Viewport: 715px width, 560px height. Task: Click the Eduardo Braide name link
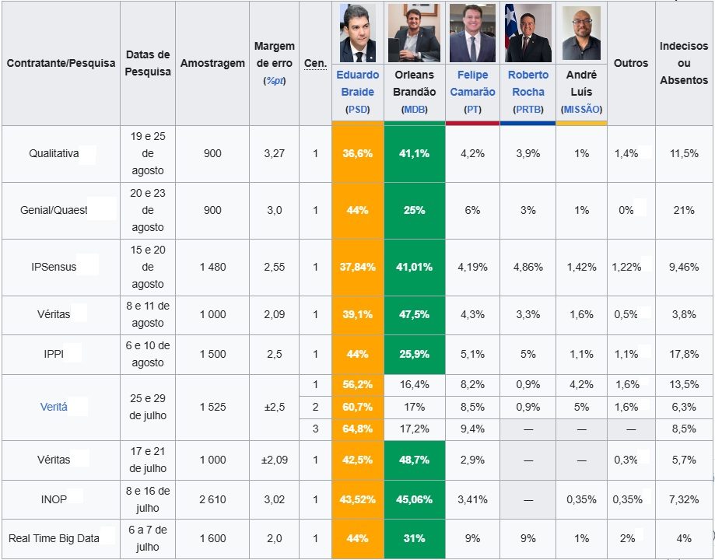coord(358,83)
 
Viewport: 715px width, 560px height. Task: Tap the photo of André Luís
coord(581,33)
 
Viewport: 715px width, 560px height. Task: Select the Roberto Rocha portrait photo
coord(528,33)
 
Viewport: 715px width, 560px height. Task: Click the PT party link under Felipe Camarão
coord(472,110)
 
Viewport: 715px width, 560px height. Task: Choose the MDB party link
coord(415,110)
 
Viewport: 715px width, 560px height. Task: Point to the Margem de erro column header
coord(274,63)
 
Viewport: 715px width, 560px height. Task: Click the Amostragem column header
coord(212,63)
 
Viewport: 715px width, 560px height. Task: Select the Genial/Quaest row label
coord(54,210)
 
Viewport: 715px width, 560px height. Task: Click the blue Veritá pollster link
coord(54,407)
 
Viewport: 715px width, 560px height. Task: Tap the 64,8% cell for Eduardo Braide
coord(358,429)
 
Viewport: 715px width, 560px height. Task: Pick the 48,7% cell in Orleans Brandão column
coord(415,460)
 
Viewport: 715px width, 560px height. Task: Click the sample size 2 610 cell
coord(212,500)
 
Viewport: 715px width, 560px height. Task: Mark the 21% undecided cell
coord(684,210)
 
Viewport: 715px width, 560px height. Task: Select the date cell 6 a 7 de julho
coord(148,538)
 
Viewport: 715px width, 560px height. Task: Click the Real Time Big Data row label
coord(54,538)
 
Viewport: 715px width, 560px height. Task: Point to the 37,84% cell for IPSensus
coord(358,268)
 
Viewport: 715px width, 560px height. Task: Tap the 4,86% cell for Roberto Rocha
coord(528,268)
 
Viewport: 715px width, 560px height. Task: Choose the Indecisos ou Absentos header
coord(684,63)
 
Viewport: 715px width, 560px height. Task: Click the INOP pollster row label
coord(54,500)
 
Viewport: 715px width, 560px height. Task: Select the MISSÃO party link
coord(581,110)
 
